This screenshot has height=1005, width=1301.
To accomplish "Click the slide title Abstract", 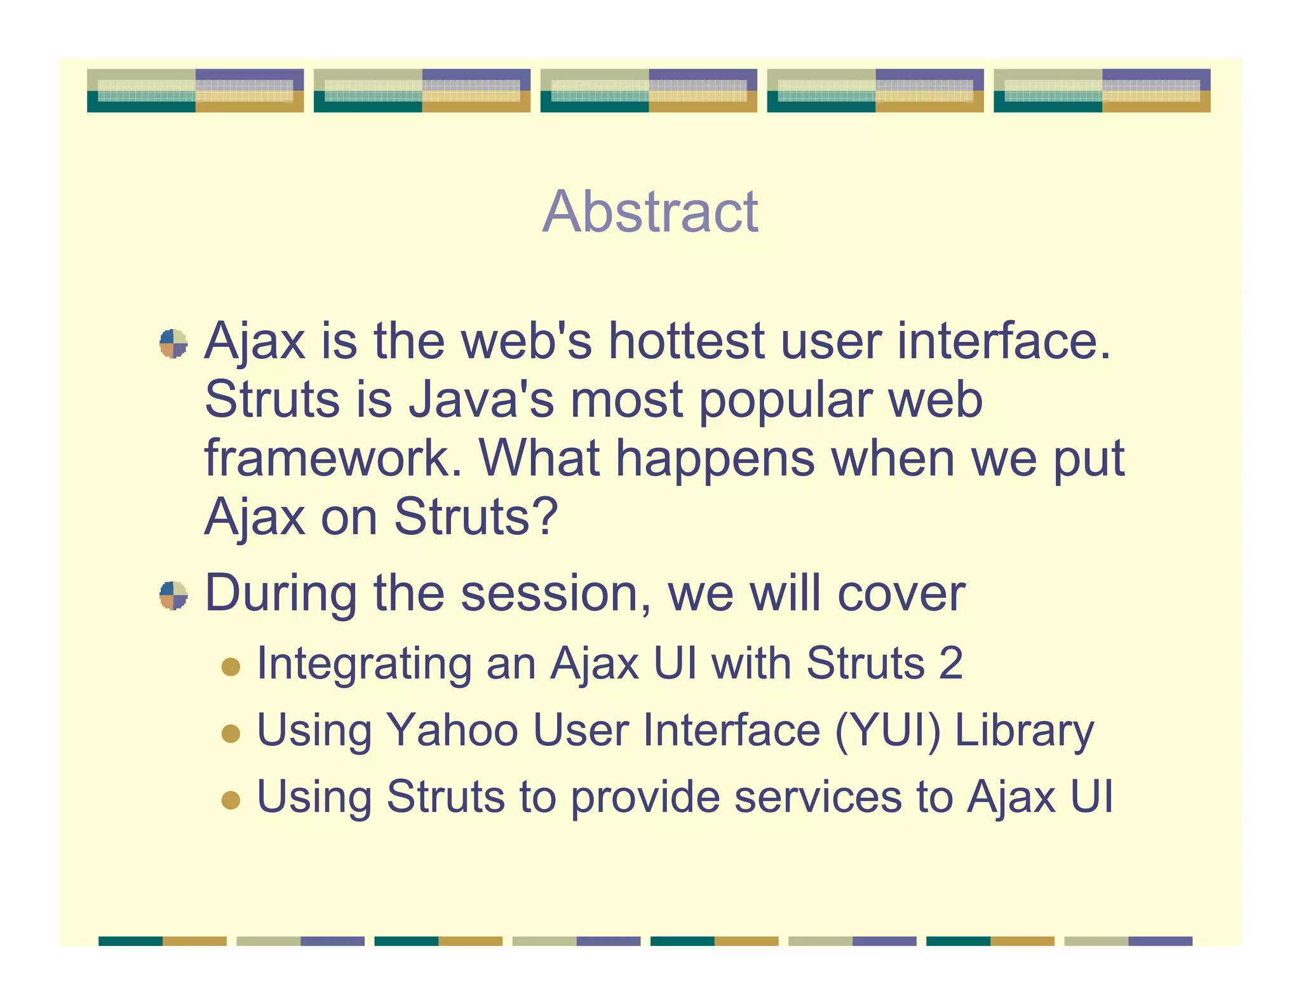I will (x=650, y=212).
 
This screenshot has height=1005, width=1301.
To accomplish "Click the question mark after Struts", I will (x=546, y=516).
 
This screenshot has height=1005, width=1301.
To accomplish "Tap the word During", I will (x=280, y=593).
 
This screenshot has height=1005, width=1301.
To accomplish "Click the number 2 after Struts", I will (x=950, y=663).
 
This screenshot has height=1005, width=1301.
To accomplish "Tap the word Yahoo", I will (x=452, y=730).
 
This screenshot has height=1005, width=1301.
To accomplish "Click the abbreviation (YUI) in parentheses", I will (x=887, y=731).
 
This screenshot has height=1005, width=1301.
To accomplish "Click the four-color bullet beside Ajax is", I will (x=173, y=344).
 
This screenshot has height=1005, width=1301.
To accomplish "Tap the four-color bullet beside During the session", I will (x=173, y=595).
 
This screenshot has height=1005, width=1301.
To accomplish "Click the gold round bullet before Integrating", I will (x=231, y=667).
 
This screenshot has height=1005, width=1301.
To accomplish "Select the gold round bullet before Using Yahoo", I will (x=231, y=734).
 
